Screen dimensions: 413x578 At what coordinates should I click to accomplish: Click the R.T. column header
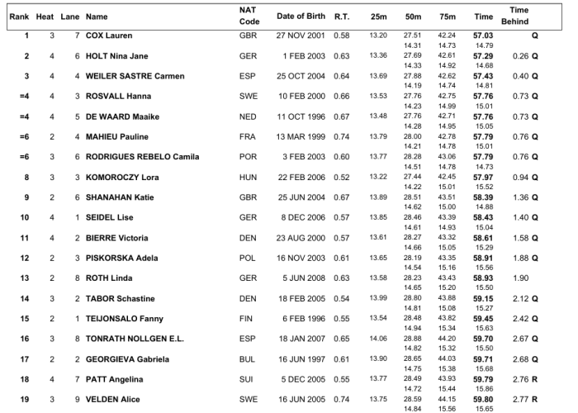tap(342, 16)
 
